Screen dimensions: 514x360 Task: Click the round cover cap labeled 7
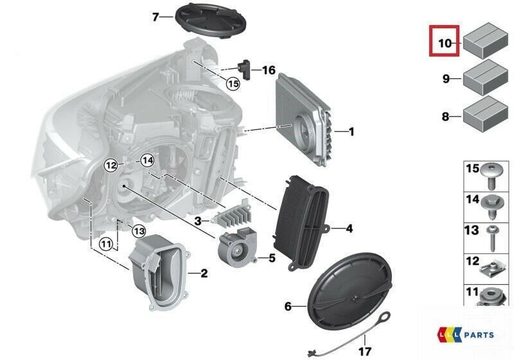point(211,21)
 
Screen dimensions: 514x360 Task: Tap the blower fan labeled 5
point(236,247)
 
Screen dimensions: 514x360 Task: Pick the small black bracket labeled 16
point(245,69)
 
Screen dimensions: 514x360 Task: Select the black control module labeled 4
point(301,223)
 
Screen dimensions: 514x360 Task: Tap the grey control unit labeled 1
point(303,120)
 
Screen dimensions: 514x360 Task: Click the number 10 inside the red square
point(445,43)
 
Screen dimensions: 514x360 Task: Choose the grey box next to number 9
point(486,77)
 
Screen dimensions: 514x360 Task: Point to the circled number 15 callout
point(233,84)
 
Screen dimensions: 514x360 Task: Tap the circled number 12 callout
point(111,165)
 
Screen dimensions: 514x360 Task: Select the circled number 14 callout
point(147,161)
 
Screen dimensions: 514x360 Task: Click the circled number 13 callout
point(139,231)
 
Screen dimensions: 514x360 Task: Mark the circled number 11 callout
point(107,244)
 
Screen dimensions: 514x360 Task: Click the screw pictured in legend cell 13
point(492,238)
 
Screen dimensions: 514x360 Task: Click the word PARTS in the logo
point(479,335)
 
